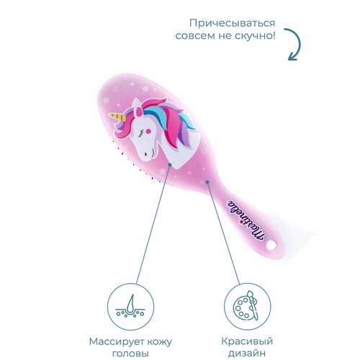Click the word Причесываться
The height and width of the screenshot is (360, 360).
pos(232,24)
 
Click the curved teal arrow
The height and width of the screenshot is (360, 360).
pos(294,45)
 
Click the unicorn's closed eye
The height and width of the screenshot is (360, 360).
pos(141,132)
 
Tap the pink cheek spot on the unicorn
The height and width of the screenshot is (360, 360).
pos(148,131)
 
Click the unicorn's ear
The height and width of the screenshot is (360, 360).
pos(138,112)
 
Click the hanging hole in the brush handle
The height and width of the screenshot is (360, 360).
pos(271,246)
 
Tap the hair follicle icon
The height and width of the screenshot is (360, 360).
pos(130,307)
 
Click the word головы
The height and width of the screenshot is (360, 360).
pos(130,354)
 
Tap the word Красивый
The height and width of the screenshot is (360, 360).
pos(247,341)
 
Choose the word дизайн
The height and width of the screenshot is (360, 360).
pos(247,353)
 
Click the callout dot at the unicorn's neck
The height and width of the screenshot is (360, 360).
pos(170,165)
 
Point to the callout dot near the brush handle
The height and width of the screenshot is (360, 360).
pos(207,182)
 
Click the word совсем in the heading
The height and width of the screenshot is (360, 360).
pos(194,36)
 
